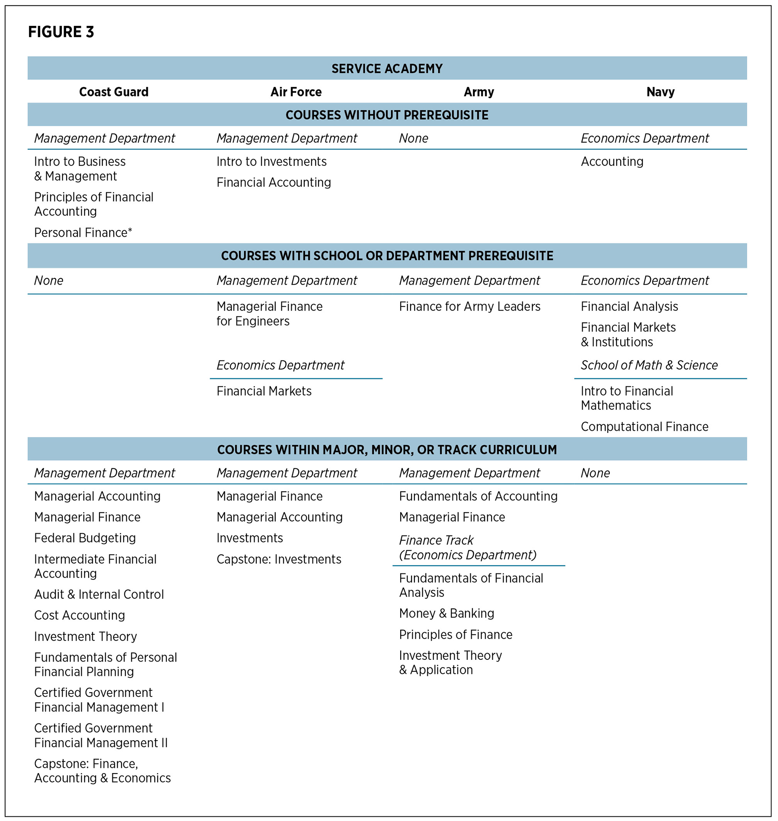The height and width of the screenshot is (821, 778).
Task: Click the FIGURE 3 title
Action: [x=61, y=32]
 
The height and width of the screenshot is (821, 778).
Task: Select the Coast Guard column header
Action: [x=114, y=92]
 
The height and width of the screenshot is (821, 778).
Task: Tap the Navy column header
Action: [x=660, y=92]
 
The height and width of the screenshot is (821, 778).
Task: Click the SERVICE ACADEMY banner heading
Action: [x=387, y=69]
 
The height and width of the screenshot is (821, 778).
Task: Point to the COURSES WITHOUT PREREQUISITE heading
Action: [x=387, y=115]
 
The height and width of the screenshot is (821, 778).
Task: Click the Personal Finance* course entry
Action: [x=83, y=232]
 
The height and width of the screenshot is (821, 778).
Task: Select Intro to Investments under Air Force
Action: [x=271, y=161]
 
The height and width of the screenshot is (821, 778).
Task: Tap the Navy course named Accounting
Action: [x=612, y=161]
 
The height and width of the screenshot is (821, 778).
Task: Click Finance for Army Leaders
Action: [x=469, y=306]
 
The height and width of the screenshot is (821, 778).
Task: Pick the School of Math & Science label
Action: [x=649, y=365]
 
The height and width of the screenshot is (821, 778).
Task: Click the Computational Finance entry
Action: [x=644, y=426]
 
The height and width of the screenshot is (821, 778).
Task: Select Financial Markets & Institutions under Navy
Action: [x=628, y=334]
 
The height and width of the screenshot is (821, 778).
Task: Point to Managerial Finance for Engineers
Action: [x=269, y=314]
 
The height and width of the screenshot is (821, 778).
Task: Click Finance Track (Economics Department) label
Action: [x=467, y=547]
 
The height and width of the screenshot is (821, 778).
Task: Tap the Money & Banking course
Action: [x=446, y=613]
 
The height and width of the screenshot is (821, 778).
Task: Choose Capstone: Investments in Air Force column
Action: [x=279, y=559]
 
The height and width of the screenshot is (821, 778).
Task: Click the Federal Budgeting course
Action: [x=85, y=538]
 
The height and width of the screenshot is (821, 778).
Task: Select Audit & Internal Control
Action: [x=99, y=594]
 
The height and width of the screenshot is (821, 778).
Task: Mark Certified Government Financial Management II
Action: [x=101, y=735]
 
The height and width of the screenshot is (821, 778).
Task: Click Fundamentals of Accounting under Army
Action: [x=478, y=496]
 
